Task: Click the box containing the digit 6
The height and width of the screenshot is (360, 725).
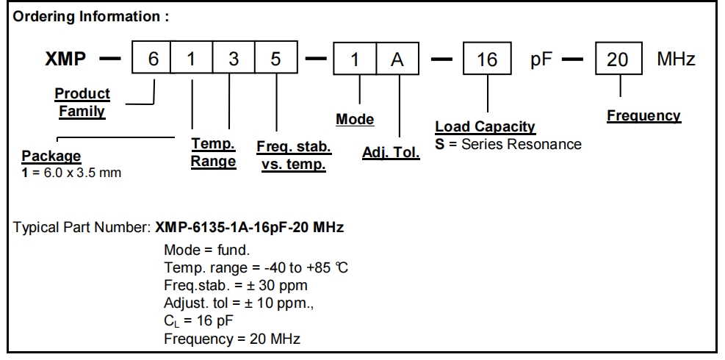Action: tap(151, 60)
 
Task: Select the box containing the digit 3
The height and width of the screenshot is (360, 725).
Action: tap(234, 60)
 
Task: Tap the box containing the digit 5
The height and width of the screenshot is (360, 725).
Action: tap(275, 60)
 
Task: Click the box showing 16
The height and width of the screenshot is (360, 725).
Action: tap(487, 60)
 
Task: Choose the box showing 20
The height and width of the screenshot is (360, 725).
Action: tap(617, 60)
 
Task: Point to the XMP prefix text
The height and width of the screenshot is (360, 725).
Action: tap(68, 60)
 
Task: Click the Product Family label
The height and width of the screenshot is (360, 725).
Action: tap(82, 103)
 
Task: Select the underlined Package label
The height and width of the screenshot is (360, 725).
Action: tap(51, 156)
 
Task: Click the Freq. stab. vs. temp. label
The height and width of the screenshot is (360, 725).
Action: tap(293, 156)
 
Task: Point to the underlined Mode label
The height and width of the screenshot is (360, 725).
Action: tap(355, 120)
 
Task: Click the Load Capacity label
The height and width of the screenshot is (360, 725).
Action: tap(485, 128)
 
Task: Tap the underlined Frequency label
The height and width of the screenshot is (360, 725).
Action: tap(643, 116)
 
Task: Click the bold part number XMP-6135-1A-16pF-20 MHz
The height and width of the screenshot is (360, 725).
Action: tap(250, 228)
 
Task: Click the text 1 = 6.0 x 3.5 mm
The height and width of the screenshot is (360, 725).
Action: tap(71, 173)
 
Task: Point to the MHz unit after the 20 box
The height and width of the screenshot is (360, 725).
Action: tap(676, 60)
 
